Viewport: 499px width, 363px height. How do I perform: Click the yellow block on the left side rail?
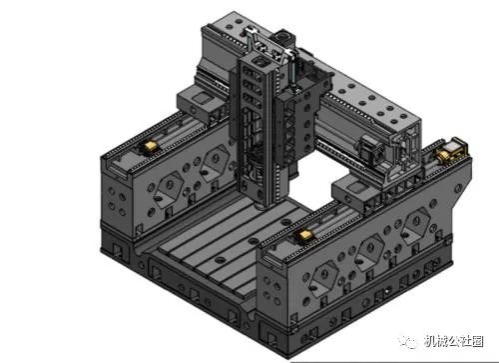coord(150,146)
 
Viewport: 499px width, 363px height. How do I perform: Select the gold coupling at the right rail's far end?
coord(443,155)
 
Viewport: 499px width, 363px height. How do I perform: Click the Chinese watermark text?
coord(453,341)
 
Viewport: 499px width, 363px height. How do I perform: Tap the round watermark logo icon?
coord(408,341)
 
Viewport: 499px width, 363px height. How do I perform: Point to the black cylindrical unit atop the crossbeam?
coord(284,37)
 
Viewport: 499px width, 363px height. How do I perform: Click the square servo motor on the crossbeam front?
coord(372,148)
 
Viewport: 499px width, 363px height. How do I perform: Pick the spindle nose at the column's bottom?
coord(260,204)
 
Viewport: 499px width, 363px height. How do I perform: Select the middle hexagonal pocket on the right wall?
coord(370,251)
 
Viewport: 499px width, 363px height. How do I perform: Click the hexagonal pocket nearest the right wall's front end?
coord(324,277)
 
